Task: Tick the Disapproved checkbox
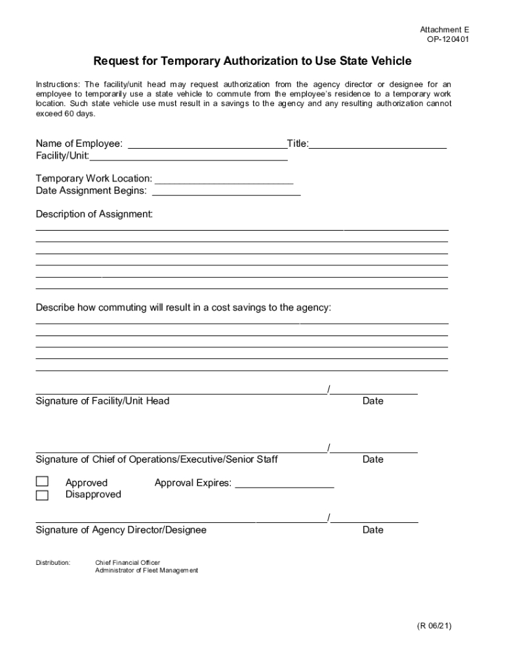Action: coord(42,495)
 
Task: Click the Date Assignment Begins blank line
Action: coord(226,192)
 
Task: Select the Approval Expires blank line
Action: coord(284,484)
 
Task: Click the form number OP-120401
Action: coord(447,39)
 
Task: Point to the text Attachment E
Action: coord(445,30)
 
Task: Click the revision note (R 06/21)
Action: coord(434,626)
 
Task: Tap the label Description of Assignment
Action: coord(94,214)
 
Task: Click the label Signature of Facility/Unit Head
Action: coord(102,401)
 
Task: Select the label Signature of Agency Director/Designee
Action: coord(121,529)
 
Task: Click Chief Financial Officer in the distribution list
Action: coord(127,562)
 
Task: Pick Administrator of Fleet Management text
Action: coord(146,570)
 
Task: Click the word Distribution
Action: coord(53,562)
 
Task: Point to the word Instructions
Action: coord(58,85)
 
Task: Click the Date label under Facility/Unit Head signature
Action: coord(373,401)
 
